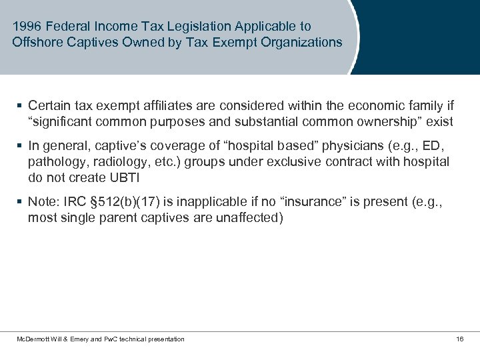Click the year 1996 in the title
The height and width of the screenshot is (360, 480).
click(x=26, y=27)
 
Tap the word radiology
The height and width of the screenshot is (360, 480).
click(x=116, y=162)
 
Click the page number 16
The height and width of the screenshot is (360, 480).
click(x=459, y=339)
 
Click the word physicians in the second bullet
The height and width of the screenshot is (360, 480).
click(x=351, y=146)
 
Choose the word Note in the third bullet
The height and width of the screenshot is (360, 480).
click(x=41, y=202)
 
